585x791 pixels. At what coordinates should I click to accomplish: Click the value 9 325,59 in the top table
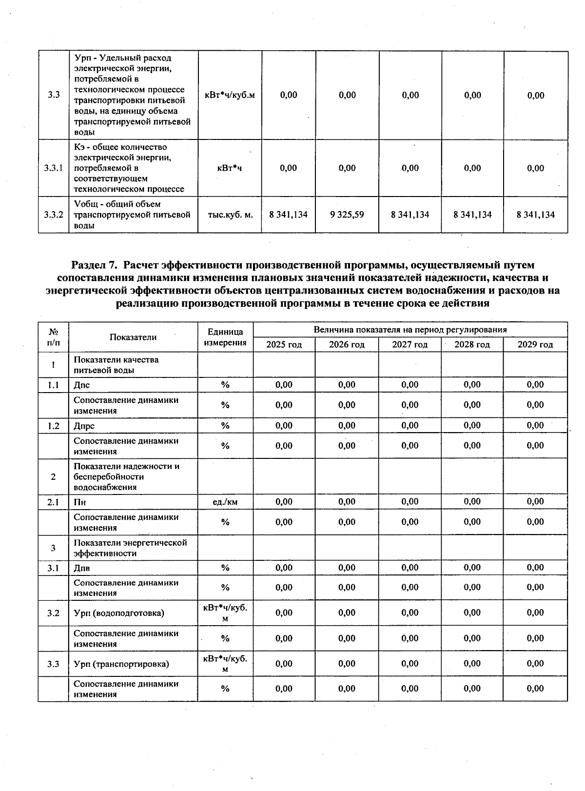tap(347, 215)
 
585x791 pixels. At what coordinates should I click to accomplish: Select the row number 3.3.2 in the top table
tap(53, 215)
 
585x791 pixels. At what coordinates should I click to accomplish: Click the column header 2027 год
tap(409, 345)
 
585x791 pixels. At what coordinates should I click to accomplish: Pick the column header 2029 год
tap(535, 345)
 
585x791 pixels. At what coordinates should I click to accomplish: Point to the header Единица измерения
tap(225, 337)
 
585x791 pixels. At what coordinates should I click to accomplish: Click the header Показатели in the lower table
tap(133, 337)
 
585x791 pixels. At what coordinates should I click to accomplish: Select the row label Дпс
tap(82, 385)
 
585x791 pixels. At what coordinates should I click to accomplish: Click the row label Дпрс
tap(84, 426)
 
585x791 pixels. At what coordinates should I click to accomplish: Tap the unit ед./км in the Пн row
tap(225, 502)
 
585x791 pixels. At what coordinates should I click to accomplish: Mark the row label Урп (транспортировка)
tap(121, 664)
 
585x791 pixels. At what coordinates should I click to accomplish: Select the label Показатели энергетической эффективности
tap(130, 548)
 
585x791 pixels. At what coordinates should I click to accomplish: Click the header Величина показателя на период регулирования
tap(410, 330)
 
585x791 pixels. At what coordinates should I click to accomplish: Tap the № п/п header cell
tap(53, 337)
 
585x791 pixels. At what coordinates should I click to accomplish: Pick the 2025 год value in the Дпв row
tap(284, 568)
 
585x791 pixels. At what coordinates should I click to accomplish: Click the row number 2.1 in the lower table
tap(53, 502)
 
